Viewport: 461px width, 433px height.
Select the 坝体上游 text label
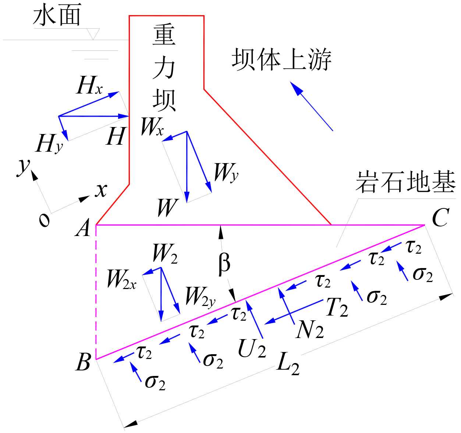(x=281, y=60)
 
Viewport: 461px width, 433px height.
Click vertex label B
(x=83, y=362)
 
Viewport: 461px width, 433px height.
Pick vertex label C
(x=440, y=218)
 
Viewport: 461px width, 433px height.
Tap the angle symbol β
(x=224, y=264)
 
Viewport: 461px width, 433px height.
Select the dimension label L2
(x=288, y=365)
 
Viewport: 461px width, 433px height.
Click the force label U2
(x=252, y=348)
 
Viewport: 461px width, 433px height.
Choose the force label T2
(x=337, y=307)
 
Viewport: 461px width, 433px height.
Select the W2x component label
(x=121, y=279)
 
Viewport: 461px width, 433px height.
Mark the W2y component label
(x=200, y=297)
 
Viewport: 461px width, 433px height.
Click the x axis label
(x=101, y=190)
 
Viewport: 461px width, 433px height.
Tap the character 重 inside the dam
(x=164, y=35)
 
